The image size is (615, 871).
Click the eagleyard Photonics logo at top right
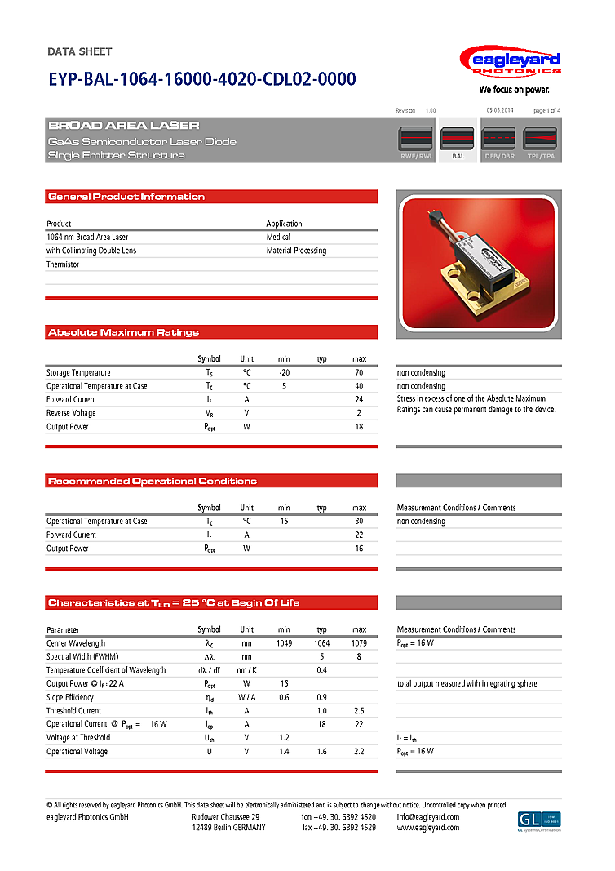coord(509,64)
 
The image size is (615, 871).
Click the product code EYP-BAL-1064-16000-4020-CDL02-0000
coord(201,79)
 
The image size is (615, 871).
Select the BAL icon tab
coord(458,140)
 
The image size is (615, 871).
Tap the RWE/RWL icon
coord(416,140)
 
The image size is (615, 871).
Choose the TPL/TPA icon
coord(540,140)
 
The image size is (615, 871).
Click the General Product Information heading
coord(126,197)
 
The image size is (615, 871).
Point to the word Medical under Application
coord(278,237)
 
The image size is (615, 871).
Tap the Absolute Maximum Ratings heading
coord(123,332)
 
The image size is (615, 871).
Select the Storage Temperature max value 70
coord(359,373)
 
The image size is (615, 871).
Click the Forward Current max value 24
coord(359,400)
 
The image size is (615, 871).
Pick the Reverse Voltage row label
coord(71,413)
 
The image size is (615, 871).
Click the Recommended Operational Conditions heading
coord(153,481)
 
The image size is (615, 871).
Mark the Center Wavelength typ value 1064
coord(322,643)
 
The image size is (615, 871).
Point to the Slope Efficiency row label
coord(70,697)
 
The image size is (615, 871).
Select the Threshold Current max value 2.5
coord(359,711)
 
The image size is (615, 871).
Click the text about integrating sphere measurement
coord(467,684)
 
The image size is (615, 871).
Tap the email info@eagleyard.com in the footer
coord(427,817)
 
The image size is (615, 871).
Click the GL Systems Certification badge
coord(539,820)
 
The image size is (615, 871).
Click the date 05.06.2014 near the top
coord(499,110)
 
